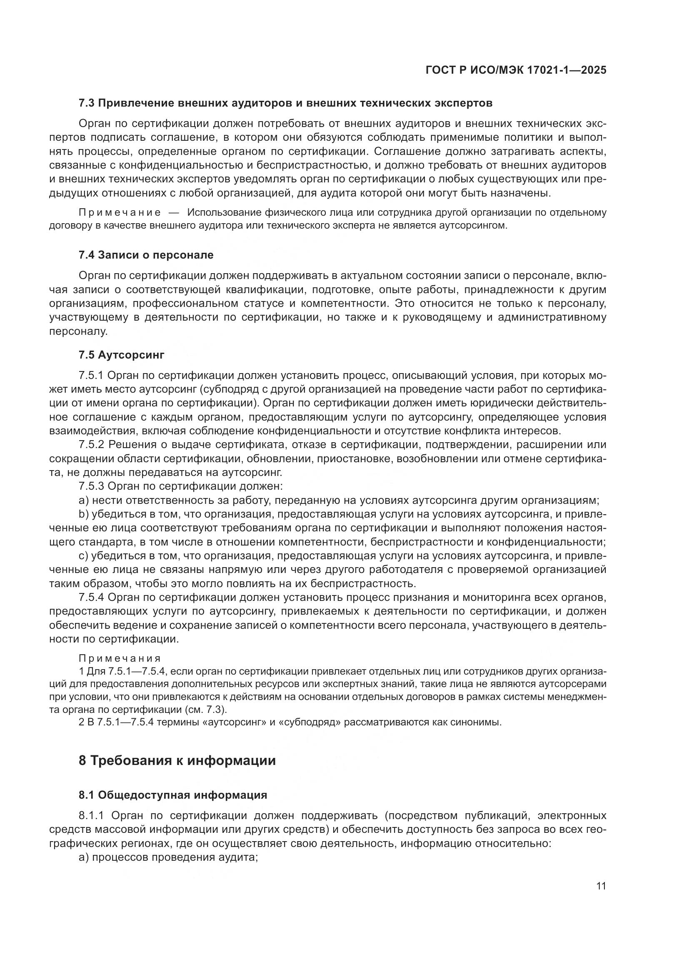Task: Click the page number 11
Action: pos(601,886)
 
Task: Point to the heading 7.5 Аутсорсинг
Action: pos(121,355)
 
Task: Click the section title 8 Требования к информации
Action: pos(177,760)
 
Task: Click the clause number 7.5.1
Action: pos(91,376)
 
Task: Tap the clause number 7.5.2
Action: pos(91,445)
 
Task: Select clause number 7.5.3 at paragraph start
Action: pos(91,486)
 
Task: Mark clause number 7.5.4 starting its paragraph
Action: pos(91,597)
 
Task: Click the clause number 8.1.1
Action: pos(91,816)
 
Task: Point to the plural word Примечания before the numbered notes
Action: pos(120,658)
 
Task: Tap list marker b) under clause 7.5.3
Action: pos(83,514)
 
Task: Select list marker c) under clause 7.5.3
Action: pos(83,556)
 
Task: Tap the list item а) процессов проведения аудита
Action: pos(169,857)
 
